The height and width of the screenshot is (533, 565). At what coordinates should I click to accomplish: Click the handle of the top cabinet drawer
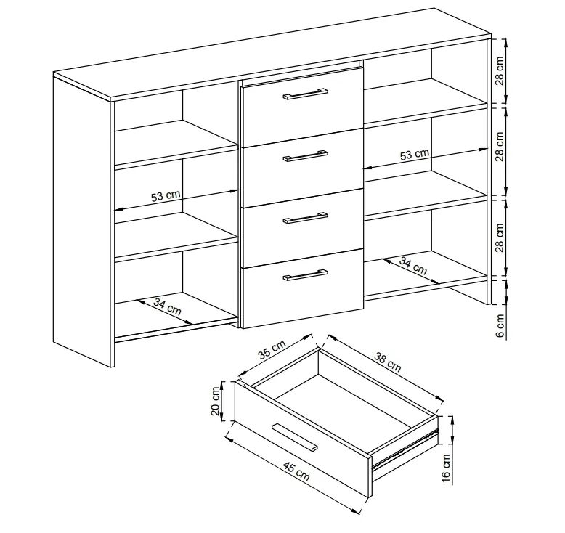305,94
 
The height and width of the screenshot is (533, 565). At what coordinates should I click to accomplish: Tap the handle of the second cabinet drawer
305,155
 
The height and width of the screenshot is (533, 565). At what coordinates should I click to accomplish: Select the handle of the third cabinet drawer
305,217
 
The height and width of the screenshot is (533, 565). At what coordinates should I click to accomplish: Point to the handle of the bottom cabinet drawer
305,274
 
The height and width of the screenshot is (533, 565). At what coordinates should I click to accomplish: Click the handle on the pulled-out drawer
295,436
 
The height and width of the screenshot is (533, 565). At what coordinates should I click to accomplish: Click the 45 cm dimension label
296,472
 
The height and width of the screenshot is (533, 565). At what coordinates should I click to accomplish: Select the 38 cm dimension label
388,362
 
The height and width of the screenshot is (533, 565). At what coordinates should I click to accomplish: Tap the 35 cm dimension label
272,349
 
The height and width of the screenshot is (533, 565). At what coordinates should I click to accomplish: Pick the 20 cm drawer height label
216,402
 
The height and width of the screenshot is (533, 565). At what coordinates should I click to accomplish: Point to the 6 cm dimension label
500,326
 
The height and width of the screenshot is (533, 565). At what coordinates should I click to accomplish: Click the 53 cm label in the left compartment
166,195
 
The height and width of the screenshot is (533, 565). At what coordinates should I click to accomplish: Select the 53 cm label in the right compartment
415,154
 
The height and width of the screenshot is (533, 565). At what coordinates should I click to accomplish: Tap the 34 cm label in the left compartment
167,307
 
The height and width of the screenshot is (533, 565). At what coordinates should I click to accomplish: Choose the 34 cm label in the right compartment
413,266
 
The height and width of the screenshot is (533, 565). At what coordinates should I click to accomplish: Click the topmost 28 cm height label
500,70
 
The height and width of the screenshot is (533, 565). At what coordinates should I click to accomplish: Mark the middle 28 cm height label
500,147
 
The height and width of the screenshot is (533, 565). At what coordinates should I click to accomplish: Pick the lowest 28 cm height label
500,238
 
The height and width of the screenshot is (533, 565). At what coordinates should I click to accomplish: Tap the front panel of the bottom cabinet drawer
303,288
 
